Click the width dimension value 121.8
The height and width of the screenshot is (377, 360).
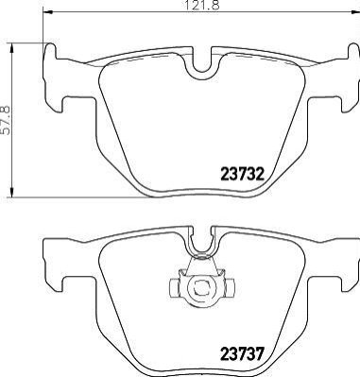click(201, 5)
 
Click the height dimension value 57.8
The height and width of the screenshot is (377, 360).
click(7, 120)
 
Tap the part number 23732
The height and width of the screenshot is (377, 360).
click(242, 174)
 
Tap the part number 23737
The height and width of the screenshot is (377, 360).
click(242, 354)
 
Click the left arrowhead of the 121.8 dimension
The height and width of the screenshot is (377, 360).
click(47, 12)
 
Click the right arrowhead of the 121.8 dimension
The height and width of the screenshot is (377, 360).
click(355, 12)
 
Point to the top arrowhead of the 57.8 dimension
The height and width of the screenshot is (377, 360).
click(12, 48)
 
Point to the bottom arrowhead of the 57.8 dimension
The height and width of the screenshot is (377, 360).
click(12, 193)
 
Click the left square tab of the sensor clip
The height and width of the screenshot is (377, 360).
click(174, 286)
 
